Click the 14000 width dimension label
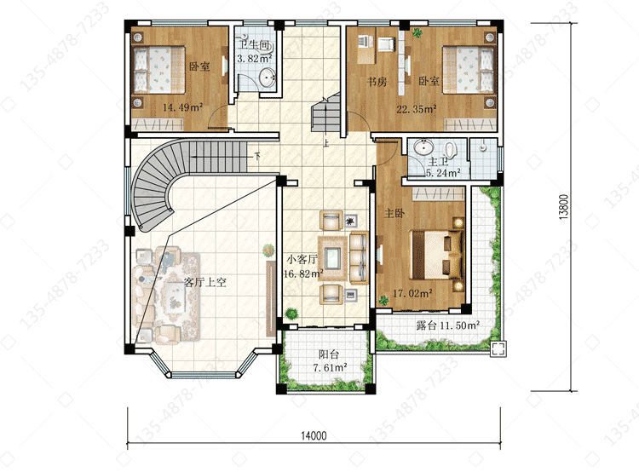[x=314, y=435]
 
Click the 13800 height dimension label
[x=563, y=207]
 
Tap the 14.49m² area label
[x=182, y=107]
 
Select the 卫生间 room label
[x=254, y=45]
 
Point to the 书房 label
[x=377, y=82]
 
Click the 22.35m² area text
[x=417, y=109]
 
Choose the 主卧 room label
[x=394, y=213]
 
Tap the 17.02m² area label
[x=412, y=293]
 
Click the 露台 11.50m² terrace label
[x=447, y=325]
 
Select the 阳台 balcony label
[x=329, y=354]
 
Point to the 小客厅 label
[x=302, y=259]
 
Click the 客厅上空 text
[x=205, y=282]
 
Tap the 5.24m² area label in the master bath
[x=443, y=173]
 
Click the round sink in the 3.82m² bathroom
[x=268, y=77]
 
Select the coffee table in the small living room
[x=332, y=257]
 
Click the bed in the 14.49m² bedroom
[x=159, y=70]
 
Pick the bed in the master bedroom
[x=437, y=255]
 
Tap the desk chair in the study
[x=386, y=44]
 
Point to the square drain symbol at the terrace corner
[x=498, y=349]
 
